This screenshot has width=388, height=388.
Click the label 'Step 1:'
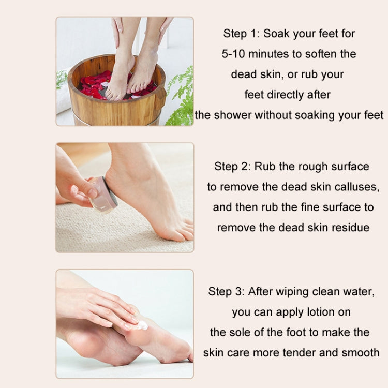point(242,34)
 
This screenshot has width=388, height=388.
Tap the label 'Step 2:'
point(233,167)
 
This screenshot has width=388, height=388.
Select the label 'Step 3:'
point(227,292)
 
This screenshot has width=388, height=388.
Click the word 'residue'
point(348,228)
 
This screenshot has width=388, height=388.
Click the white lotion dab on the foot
point(142,325)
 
